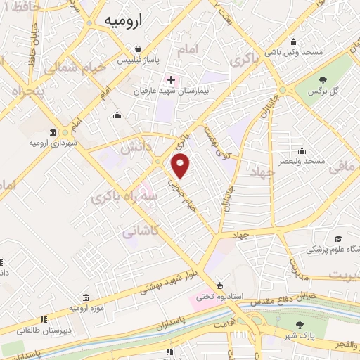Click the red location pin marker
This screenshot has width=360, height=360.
[x=181, y=166]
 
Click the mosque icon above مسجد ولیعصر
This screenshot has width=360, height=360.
[x=302, y=150]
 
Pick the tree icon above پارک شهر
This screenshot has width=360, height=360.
[x=300, y=325]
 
